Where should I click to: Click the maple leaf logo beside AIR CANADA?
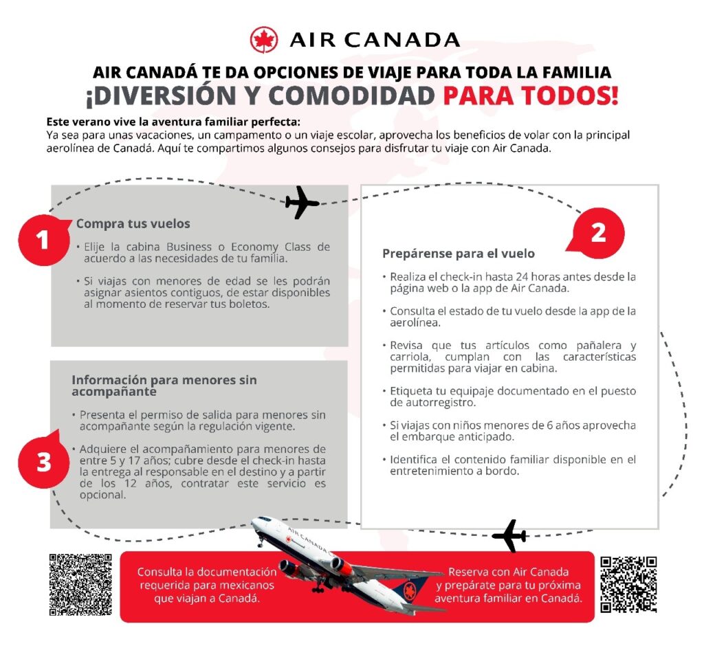263,40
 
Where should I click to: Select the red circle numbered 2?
598,233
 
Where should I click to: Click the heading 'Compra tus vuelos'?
133,223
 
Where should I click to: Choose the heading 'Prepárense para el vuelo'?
458,254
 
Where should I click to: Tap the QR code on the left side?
80,584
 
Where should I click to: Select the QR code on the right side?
628,584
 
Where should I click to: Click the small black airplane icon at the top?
302,203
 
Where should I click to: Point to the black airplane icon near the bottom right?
509,535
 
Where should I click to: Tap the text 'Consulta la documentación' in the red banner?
207,572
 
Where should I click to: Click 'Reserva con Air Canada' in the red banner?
508,572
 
